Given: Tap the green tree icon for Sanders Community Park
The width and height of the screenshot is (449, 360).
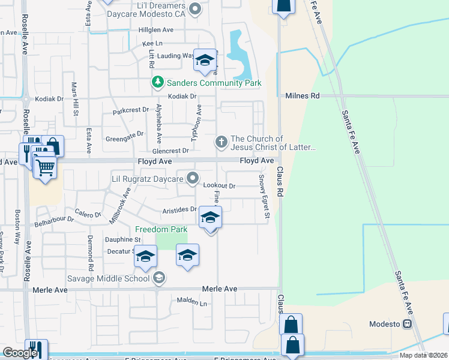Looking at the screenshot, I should [x=157, y=82].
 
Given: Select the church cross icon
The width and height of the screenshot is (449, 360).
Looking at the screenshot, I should [x=221, y=142].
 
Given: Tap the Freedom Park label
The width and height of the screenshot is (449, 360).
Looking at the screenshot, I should [x=161, y=229].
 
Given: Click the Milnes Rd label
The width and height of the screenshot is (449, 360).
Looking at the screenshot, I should [x=303, y=95].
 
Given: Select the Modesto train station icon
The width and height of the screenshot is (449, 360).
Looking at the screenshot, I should [x=408, y=324].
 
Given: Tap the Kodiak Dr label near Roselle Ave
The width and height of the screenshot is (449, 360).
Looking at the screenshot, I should [x=49, y=98].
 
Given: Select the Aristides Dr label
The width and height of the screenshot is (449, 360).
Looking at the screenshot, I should [x=179, y=209].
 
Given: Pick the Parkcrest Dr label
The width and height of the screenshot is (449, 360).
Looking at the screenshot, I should [x=130, y=110].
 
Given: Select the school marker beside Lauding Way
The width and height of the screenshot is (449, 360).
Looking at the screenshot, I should [x=205, y=61].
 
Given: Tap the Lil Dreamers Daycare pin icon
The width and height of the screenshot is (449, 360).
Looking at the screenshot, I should [x=194, y=8].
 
